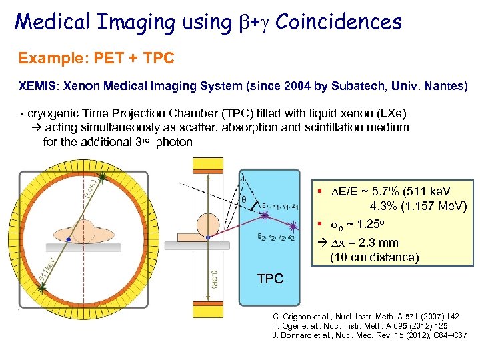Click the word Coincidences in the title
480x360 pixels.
(339, 22)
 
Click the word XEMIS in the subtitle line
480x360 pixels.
(37, 87)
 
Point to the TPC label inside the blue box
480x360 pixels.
(270, 279)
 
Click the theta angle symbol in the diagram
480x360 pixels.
(243, 199)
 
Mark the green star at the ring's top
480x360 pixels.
(101, 177)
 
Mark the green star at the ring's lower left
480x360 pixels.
(43, 287)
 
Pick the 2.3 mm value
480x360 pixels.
(380, 243)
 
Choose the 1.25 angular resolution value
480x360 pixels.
(376, 225)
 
